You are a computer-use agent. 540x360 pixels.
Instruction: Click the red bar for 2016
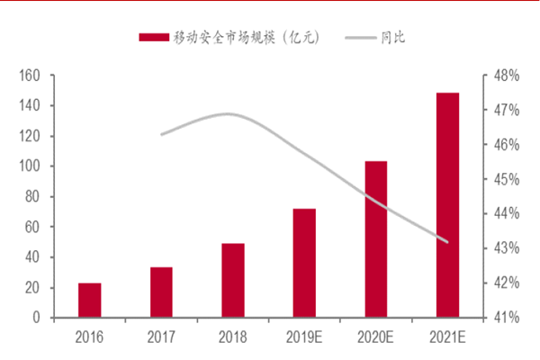tap(89, 301)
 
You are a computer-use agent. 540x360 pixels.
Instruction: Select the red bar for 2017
tap(161, 292)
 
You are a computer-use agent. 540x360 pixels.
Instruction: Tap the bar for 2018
tap(233, 280)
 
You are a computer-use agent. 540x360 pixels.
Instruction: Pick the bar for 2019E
tap(304, 263)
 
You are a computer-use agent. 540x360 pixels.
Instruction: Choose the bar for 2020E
tap(376, 239)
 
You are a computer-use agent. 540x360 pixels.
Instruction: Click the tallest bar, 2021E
tap(447, 205)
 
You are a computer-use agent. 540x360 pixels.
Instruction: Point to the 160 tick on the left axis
tap(30, 76)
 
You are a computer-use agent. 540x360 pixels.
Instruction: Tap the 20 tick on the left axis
tap(33, 288)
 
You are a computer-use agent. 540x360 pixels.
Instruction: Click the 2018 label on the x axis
tap(233, 336)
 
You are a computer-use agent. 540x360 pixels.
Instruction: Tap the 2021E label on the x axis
tap(447, 336)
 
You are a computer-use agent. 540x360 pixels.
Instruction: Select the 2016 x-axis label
tap(89, 336)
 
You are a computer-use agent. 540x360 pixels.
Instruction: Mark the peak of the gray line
tap(228, 114)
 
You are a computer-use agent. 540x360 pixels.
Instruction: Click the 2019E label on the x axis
tap(304, 336)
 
